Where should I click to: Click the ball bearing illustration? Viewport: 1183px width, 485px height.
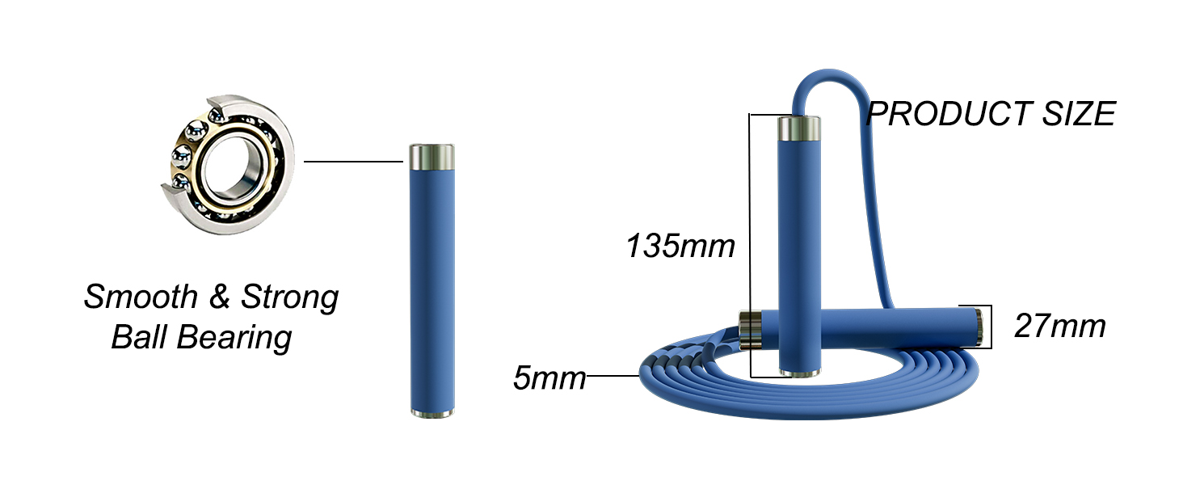tap(227, 165)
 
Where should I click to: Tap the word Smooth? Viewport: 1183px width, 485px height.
tap(141, 297)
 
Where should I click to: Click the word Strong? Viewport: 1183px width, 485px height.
tap(290, 298)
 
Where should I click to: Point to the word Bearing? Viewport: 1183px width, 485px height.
tap(234, 339)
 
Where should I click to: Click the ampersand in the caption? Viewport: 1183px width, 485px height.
tap(220, 297)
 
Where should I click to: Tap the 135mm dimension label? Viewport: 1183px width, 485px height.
tap(680, 247)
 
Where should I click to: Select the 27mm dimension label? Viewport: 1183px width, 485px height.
tap(1060, 326)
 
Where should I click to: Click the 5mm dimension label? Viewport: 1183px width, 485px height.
tap(549, 377)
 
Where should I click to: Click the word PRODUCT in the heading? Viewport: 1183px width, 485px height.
tap(949, 114)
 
